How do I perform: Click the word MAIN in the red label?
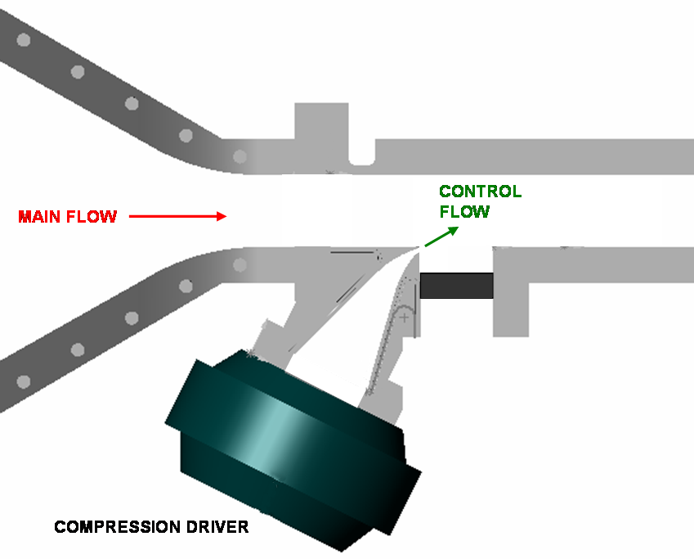click(39, 217)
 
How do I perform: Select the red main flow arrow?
click(177, 217)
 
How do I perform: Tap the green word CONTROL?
click(480, 192)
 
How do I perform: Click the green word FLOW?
click(464, 212)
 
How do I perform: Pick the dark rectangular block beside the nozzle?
click(456, 286)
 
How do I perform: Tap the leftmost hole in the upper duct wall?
click(24, 40)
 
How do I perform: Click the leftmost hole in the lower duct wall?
click(24, 381)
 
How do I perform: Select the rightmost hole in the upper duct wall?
click(240, 156)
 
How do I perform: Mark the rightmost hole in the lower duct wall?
click(240, 265)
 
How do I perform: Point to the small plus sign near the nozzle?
click(403, 316)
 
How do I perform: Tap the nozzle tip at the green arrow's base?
click(420, 249)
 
